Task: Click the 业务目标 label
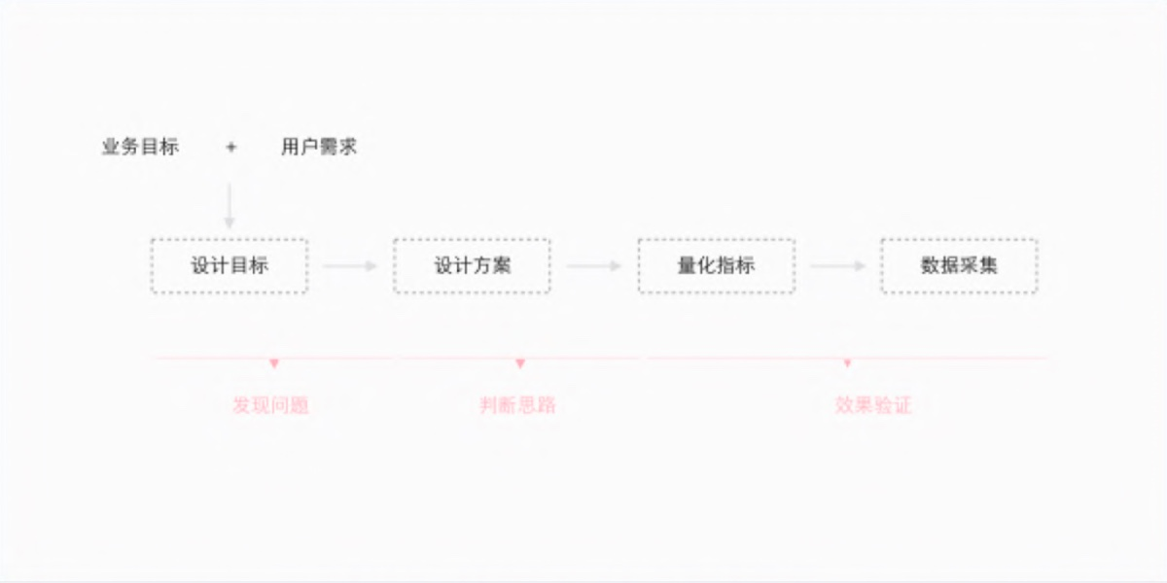pos(141,147)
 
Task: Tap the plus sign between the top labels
pos(231,148)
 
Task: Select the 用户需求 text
pos(319,147)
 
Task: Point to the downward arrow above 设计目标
pos(230,206)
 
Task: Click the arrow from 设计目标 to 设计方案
pos(349,266)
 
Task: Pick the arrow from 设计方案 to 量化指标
pos(594,266)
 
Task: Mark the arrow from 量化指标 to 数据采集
pos(837,266)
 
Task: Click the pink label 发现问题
pos(271,405)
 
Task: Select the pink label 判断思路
pos(517,405)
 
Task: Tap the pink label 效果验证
pos(873,405)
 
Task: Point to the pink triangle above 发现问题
pos(274,363)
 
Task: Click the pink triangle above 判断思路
pos(520,363)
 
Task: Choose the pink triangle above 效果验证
pos(848,362)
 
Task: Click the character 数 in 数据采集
pos(931,266)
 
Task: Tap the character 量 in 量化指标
pos(688,266)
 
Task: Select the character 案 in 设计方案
pos(501,266)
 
